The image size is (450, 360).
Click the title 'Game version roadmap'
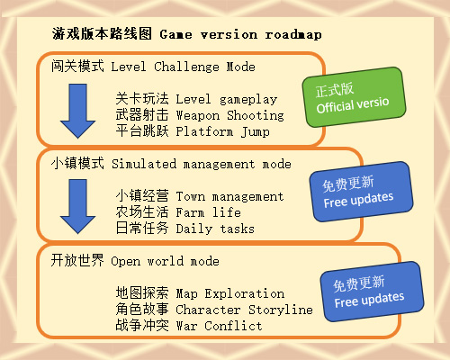(240, 34)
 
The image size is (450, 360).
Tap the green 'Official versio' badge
(354, 97)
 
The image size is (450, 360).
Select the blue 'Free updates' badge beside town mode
(361, 192)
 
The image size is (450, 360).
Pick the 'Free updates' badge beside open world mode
(372, 292)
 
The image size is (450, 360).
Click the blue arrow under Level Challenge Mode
(77, 111)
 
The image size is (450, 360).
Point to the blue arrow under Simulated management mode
(77, 206)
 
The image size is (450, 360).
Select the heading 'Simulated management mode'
(202, 164)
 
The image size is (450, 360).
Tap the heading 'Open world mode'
(165, 261)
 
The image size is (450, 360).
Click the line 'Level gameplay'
(227, 99)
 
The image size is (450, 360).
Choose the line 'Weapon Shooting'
(229, 115)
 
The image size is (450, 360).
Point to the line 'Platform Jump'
(222, 131)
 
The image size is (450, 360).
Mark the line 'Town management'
(229, 196)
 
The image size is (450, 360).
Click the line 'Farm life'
(208, 212)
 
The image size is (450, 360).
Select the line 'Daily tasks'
(215, 229)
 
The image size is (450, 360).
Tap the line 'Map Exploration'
(229, 293)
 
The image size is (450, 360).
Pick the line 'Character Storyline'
(244, 310)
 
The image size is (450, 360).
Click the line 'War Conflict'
(219, 326)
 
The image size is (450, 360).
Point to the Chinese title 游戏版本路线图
(102, 33)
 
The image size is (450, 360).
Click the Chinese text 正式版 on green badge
(335, 90)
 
